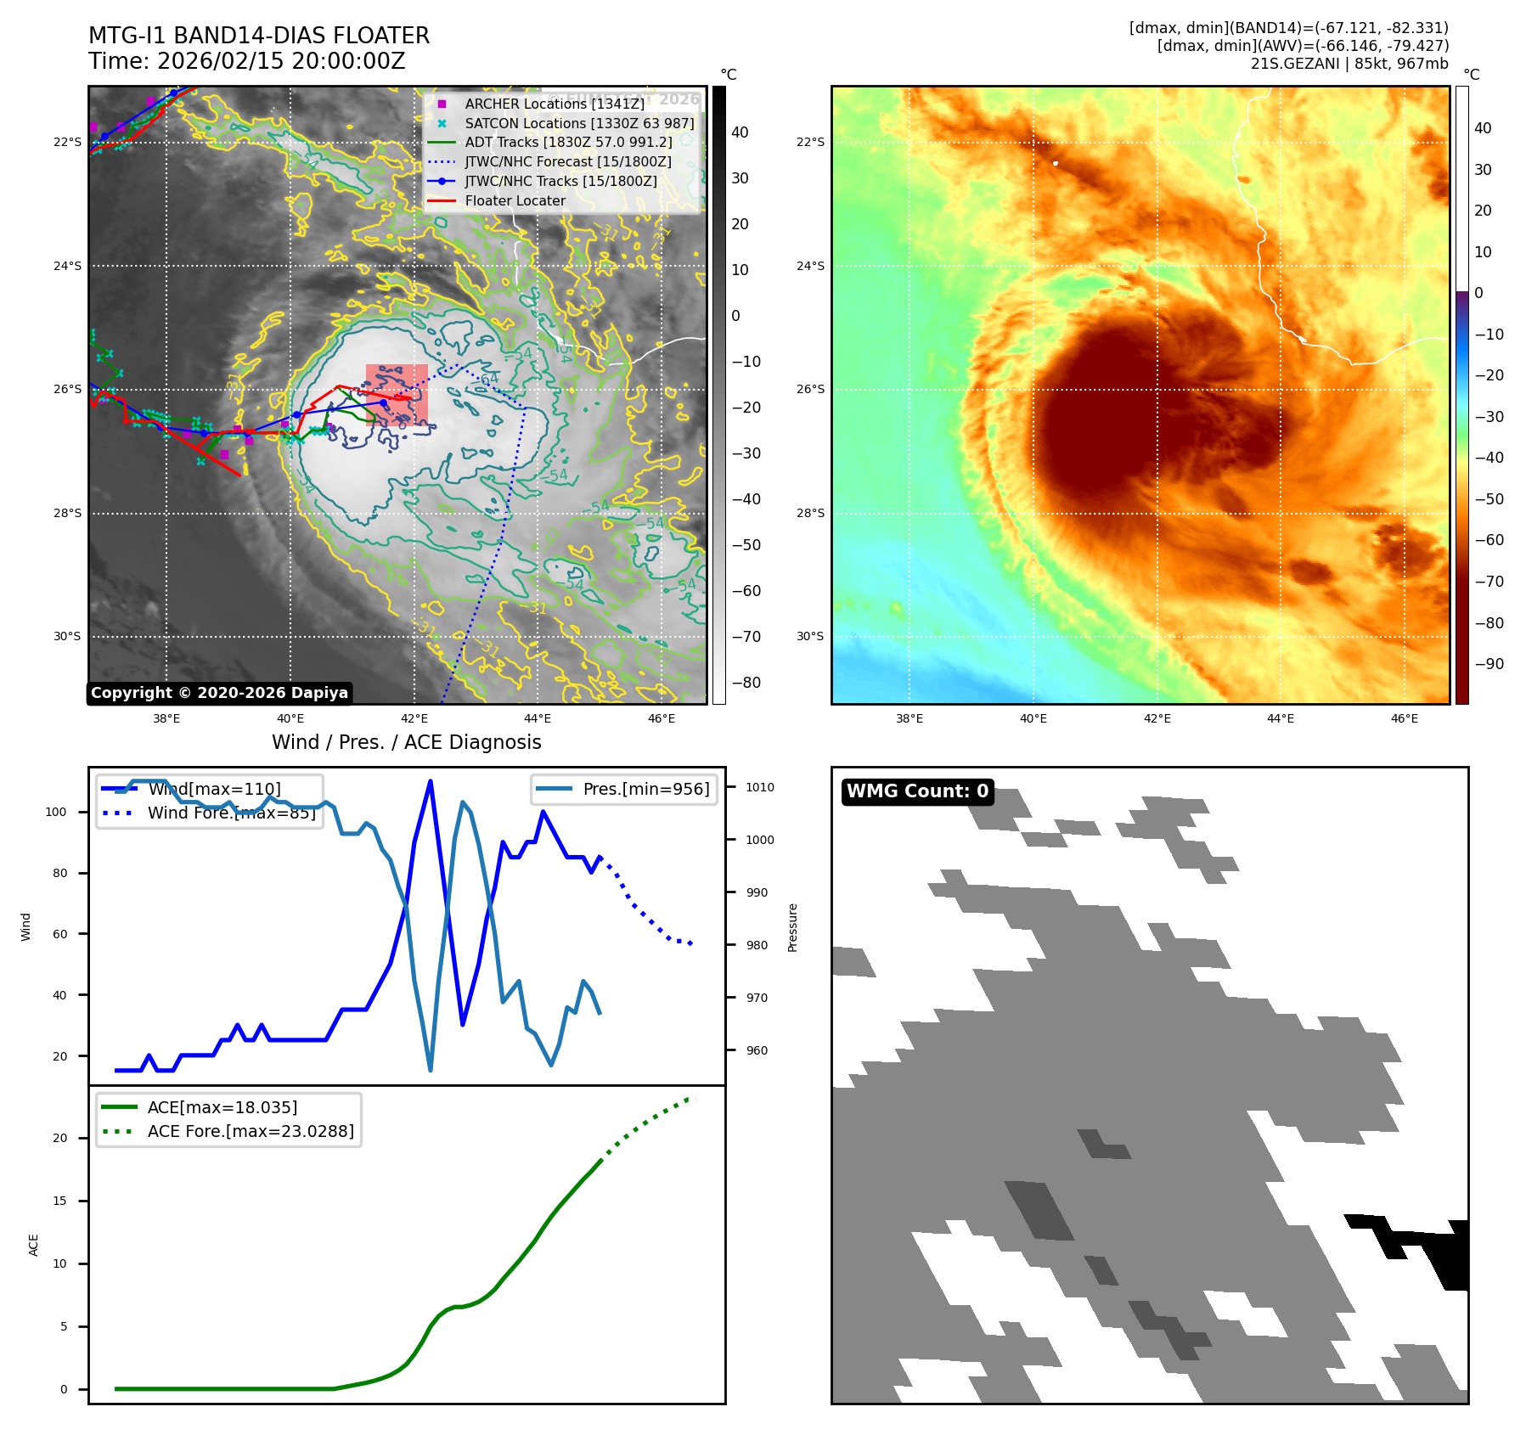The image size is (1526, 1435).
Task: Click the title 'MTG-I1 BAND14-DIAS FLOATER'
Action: pos(259,36)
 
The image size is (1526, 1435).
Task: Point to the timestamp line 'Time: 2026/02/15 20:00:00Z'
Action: pos(247,61)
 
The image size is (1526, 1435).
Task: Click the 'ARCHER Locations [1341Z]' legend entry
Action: pos(555,104)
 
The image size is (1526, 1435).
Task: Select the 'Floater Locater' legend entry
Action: pos(515,200)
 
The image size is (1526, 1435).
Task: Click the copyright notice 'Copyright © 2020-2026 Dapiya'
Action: pos(219,693)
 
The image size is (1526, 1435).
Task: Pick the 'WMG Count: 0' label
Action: pos(917,791)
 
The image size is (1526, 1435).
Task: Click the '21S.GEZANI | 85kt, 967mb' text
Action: pos(1349,64)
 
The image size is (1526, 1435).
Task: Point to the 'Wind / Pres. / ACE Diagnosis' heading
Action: pos(406,742)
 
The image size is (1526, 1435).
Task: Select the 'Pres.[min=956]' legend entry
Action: pos(645,789)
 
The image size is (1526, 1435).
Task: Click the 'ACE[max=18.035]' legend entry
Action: pos(222,1107)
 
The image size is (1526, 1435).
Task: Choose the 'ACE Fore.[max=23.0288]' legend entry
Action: pos(251,1131)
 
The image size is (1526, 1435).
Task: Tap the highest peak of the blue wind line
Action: pos(431,781)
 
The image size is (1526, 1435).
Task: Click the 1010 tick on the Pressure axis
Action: pos(759,787)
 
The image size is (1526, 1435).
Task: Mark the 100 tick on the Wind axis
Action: pos(56,812)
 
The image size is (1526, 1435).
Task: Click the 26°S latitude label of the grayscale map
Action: pos(68,389)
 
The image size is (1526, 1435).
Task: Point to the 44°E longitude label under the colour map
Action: pos(1280,718)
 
